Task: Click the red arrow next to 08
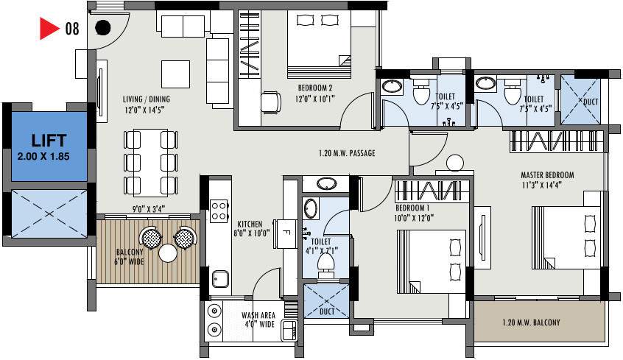[49, 29]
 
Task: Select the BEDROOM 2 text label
[309, 88]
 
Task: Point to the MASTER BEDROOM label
[547, 175]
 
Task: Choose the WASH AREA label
[258, 315]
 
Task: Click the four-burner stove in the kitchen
[219, 211]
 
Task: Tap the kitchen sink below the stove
[219, 278]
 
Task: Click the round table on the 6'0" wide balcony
[168, 253]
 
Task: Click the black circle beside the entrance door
[103, 28]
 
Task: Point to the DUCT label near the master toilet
[591, 101]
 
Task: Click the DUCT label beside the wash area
[327, 311]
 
